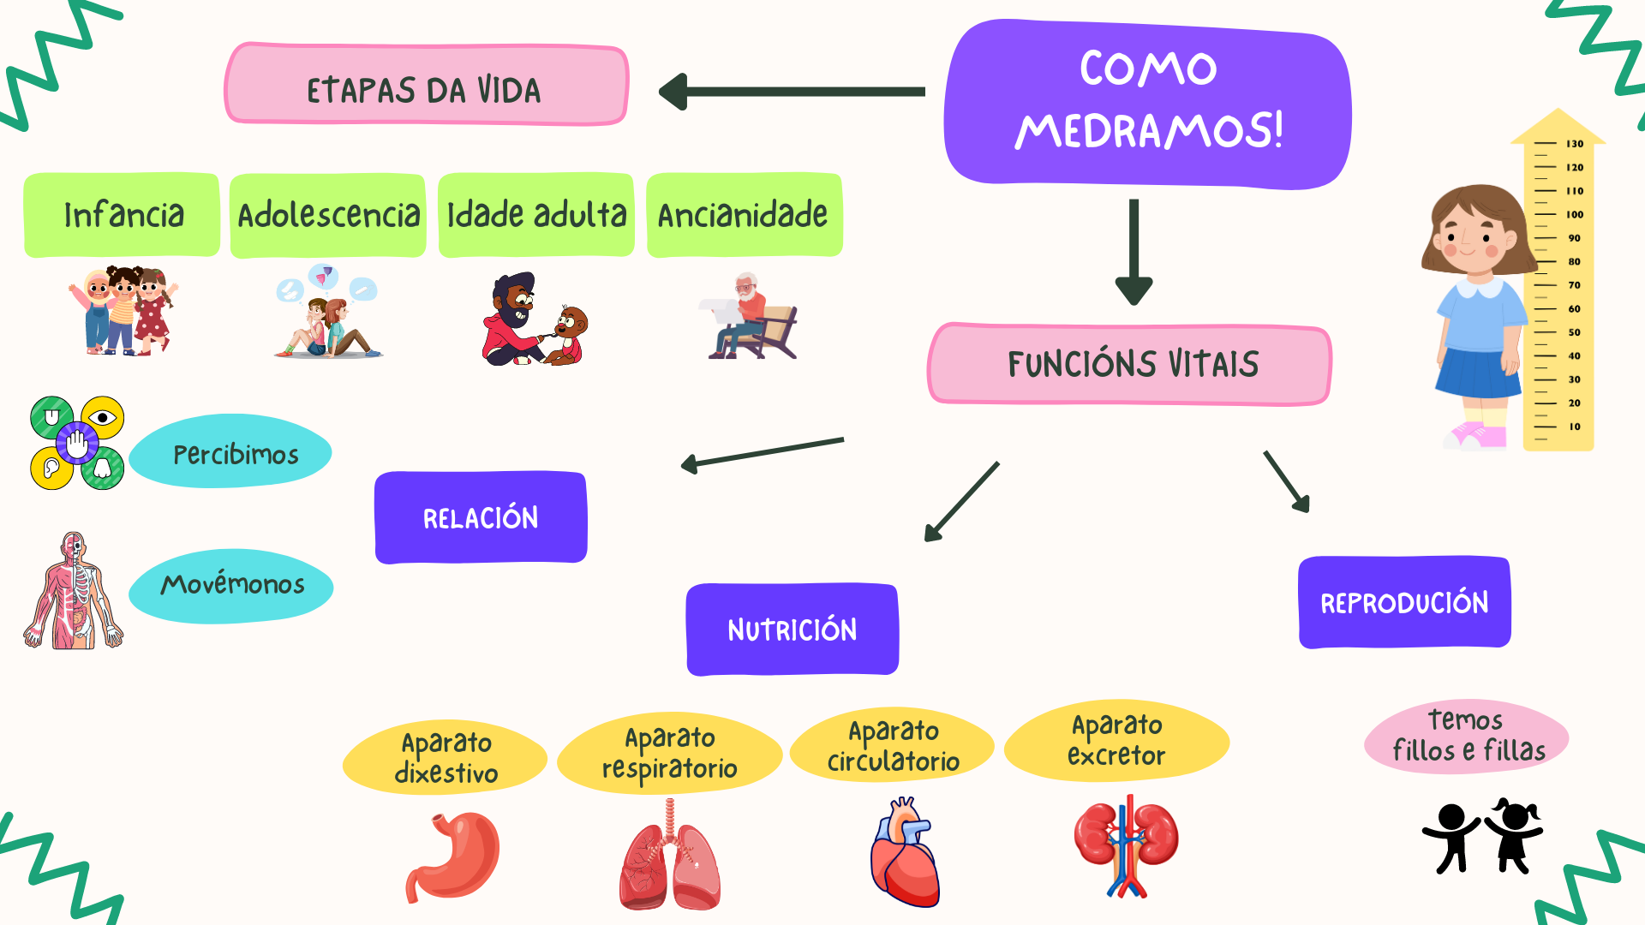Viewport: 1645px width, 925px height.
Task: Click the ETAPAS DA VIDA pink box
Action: [426, 86]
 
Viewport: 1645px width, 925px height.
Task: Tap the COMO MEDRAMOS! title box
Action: [1147, 103]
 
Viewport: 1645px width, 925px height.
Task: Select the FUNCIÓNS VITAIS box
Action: [1130, 364]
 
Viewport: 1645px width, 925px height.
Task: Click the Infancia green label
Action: [123, 215]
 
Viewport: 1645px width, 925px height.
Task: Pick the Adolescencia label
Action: [328, 215]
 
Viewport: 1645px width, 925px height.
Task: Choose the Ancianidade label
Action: [744, 215]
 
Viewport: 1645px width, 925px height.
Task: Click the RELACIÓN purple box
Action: [481, 517]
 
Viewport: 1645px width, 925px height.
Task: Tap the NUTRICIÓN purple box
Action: [792, 630]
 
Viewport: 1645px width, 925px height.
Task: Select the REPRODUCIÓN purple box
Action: [1404, 603]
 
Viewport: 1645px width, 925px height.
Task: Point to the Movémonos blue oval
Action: [231, 586]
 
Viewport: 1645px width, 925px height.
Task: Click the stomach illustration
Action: [454, 856]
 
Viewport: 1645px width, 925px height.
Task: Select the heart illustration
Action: [905, 852]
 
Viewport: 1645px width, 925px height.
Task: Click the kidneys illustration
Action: [1126, 844]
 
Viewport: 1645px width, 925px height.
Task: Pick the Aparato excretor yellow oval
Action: [1116, 741]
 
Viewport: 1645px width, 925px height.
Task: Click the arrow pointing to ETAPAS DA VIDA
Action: [793, 92]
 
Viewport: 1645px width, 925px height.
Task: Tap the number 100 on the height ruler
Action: [1574, 215]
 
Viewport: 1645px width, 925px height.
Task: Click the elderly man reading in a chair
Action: [751, 317]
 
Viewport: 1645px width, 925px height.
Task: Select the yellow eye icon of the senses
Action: [103, 418]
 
